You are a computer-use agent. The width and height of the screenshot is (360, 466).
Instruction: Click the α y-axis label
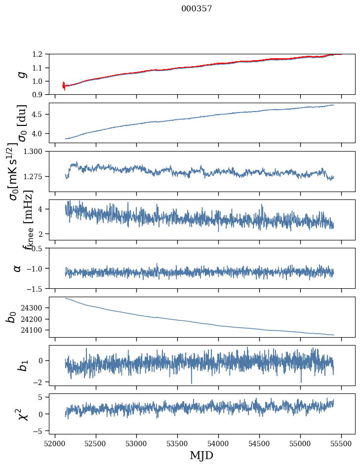(18, 268)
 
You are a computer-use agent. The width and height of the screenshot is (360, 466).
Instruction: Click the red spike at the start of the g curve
(64, 85)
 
